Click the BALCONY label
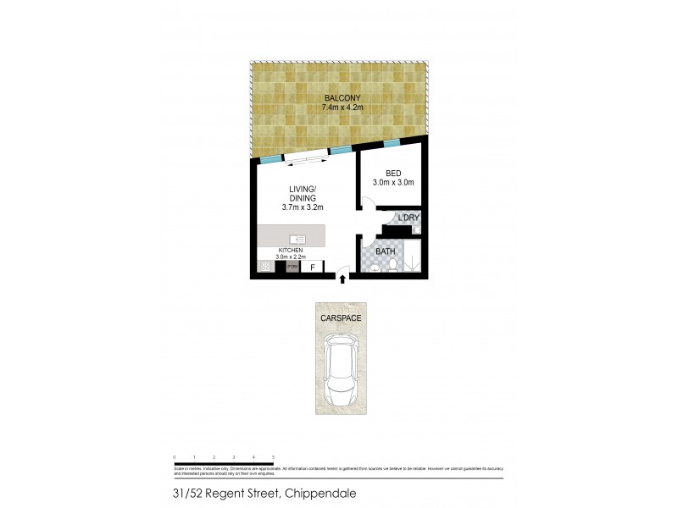[x=338, y=98]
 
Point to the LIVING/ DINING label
[x=302, y=193]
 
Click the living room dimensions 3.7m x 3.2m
[x=302, y=207]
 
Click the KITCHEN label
[x=291, y=251]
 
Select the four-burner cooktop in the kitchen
[x=265, y=268]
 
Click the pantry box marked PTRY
[x=292, y=268]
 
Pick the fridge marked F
[x=312, y=268]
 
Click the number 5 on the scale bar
[x=273, y=457]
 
